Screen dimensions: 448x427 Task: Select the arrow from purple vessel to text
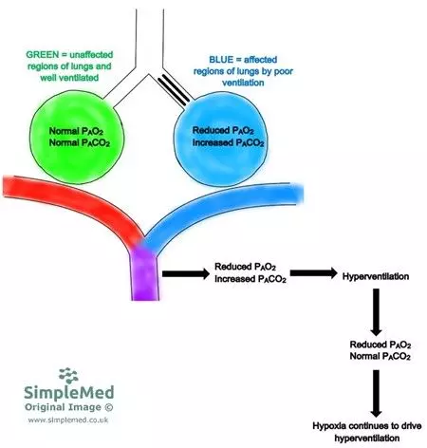coord(186,275)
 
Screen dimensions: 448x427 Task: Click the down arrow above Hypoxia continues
coord(377,388)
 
